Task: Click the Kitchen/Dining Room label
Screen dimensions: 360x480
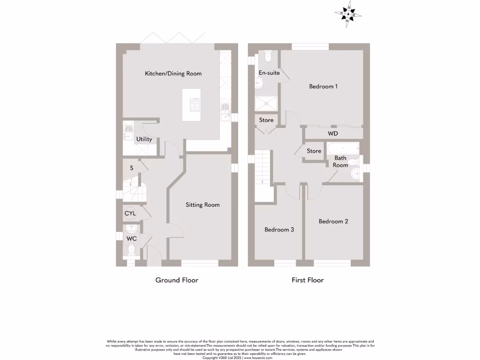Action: coord(173,74)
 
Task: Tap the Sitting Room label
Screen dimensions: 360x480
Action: coord(202,205)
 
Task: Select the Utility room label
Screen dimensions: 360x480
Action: coord(144,139)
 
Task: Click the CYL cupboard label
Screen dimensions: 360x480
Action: coord(130,213)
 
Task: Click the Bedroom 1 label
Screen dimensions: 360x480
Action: coord(323,86)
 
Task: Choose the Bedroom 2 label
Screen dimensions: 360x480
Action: coord(333,221)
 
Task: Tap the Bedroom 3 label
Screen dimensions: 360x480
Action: coord(279,230)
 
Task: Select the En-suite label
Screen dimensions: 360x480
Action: coord(269,73)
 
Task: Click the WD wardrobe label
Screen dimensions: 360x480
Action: coord(333,134)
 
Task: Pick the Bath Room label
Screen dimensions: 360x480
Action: coord(340,162)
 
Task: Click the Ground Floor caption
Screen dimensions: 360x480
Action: coord(177,280)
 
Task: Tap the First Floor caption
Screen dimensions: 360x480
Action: coord(307,280)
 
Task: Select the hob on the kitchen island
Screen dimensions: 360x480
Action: coord(195,105)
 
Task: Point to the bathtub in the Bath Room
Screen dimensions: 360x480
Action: coord(343,149)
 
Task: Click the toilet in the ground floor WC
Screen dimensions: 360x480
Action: coord(132,249)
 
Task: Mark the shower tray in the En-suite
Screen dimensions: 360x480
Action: coord(266,104)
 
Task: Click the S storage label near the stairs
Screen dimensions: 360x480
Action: coord(131,168)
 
